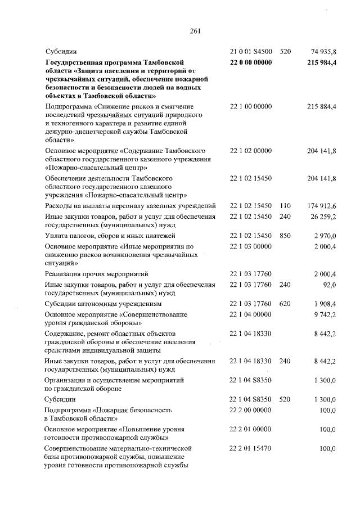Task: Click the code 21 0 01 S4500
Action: coord(251,52)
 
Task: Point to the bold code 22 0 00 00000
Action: coord(251,62)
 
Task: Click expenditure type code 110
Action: coord(285,206)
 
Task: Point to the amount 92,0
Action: coord(329,285)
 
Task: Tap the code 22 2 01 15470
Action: coord(251,448)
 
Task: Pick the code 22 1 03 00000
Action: coord(251,246)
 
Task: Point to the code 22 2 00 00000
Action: coord(251,410)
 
